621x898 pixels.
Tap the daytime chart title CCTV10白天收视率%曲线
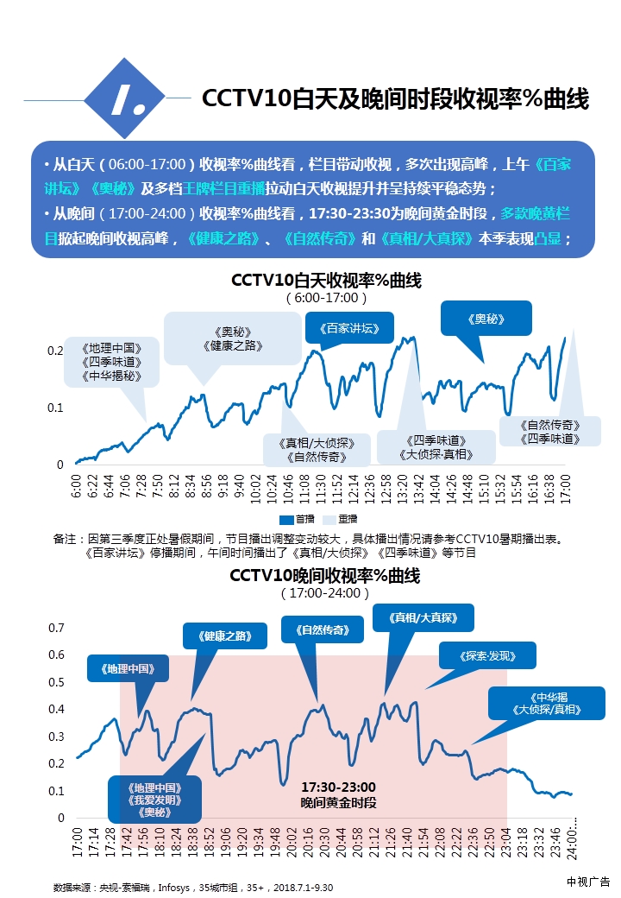(326, 281)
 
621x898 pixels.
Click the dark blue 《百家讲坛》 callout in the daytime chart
(349, 328)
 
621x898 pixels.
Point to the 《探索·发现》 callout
(487, 655)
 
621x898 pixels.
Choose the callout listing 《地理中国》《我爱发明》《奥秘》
(155, 800)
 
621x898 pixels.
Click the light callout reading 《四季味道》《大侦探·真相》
(436, 447)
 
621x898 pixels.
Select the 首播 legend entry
(297, 520)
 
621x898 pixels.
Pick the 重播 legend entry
(339, 520)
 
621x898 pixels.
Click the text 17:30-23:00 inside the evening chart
(338, 787)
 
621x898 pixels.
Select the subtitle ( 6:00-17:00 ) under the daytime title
(326, 298)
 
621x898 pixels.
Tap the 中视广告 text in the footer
(588, 882)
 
